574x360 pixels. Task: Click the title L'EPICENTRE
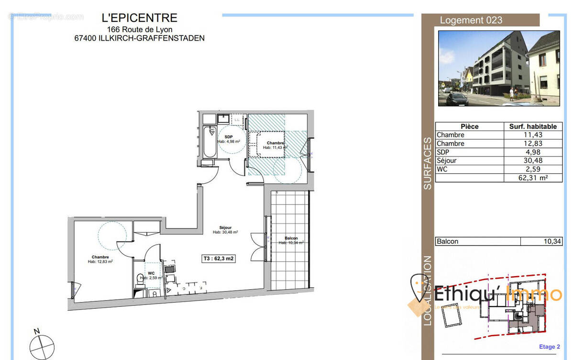140,18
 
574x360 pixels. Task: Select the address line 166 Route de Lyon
140,29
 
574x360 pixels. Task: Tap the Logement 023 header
471,20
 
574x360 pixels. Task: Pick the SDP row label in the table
443,152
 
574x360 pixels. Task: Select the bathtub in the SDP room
209,141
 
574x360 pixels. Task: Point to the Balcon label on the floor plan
291,238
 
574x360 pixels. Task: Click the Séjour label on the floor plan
225,227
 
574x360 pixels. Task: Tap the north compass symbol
42,344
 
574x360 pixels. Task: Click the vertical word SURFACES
427,163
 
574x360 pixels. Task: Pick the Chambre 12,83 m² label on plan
100,259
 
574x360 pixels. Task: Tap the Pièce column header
469,126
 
